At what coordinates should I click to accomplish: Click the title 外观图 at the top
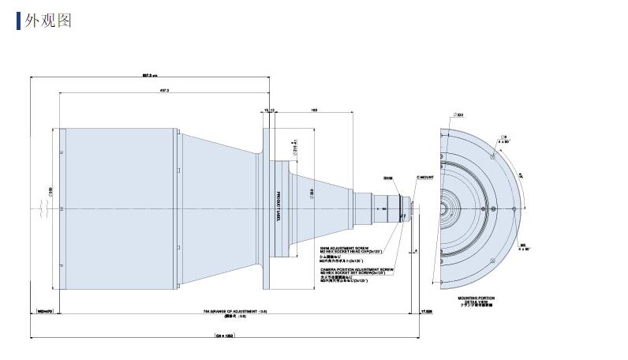pyautogui.click(x=50, y=21)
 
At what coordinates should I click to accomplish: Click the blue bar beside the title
pyautogui.click(x=18, y=21)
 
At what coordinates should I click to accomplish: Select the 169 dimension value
pyautogui.click(x=315, y=111)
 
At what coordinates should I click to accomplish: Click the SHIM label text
pyautogui.click(x=387, y=180)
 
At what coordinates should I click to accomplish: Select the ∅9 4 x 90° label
pyautogui.click(x=504, y=138)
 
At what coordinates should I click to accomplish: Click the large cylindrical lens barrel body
pyautogui.click(x=118, y=208)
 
